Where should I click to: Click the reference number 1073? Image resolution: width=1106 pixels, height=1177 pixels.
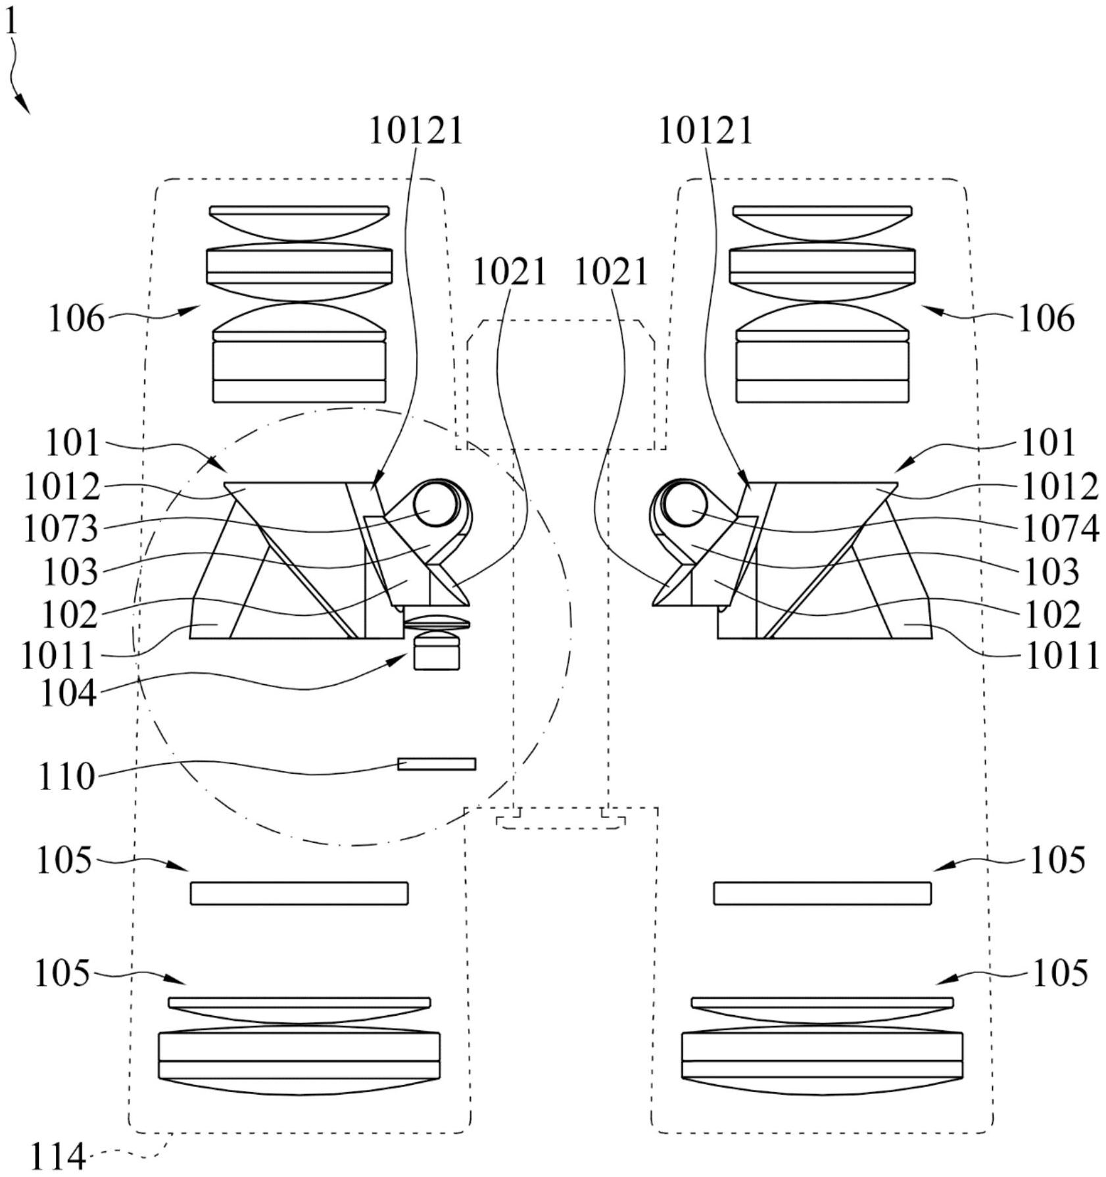pos(61,528)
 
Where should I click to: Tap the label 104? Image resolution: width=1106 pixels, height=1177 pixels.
pos(68,693)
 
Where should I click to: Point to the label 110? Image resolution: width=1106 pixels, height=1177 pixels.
pos(67,776)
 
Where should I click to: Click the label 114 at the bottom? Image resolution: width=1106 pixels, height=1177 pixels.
pos(59,1157)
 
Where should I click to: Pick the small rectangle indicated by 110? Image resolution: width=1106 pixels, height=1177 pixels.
pos(437,764)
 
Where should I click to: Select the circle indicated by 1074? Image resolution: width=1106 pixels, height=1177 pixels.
pos(685,505)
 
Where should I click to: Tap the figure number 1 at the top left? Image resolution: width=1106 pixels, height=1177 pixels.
pos(11,23)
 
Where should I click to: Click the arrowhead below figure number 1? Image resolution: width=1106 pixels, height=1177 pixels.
pos(23,104)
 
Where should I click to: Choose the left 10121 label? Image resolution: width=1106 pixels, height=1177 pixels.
pos(416,130)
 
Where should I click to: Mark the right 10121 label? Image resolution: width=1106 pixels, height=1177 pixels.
pos(706,130)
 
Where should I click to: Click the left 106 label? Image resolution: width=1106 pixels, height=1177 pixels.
pos(76,319)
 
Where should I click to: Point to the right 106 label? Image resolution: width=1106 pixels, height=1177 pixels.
pos(1046,319)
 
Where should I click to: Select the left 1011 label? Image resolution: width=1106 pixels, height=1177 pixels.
pos(59,656)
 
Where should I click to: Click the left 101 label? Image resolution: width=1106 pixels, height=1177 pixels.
pos(72,443)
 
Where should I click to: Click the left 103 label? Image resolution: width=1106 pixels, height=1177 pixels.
pos(70,572)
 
